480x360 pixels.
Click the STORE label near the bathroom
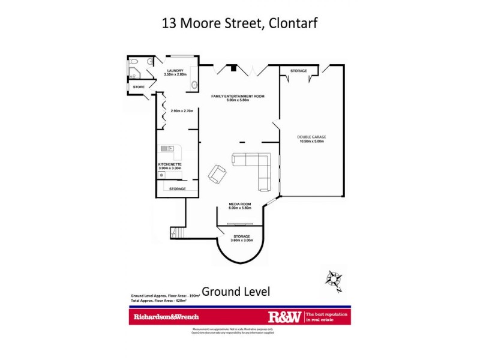(139, 88)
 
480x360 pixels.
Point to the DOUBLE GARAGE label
(311, 137)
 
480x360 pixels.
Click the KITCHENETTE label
(170, 164)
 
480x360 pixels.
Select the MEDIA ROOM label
(239, 204)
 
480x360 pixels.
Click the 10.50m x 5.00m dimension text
(311, 142)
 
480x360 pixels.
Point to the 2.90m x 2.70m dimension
(181, 111)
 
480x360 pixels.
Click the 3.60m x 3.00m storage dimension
(242, 240)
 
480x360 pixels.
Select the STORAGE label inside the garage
(299, 71)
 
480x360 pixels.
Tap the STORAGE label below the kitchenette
(177, 189)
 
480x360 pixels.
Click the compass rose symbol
(332, 278)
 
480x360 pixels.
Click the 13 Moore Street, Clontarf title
(239, 23)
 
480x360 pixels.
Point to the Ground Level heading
(236, 292)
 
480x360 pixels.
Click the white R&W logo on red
(284, 316)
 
